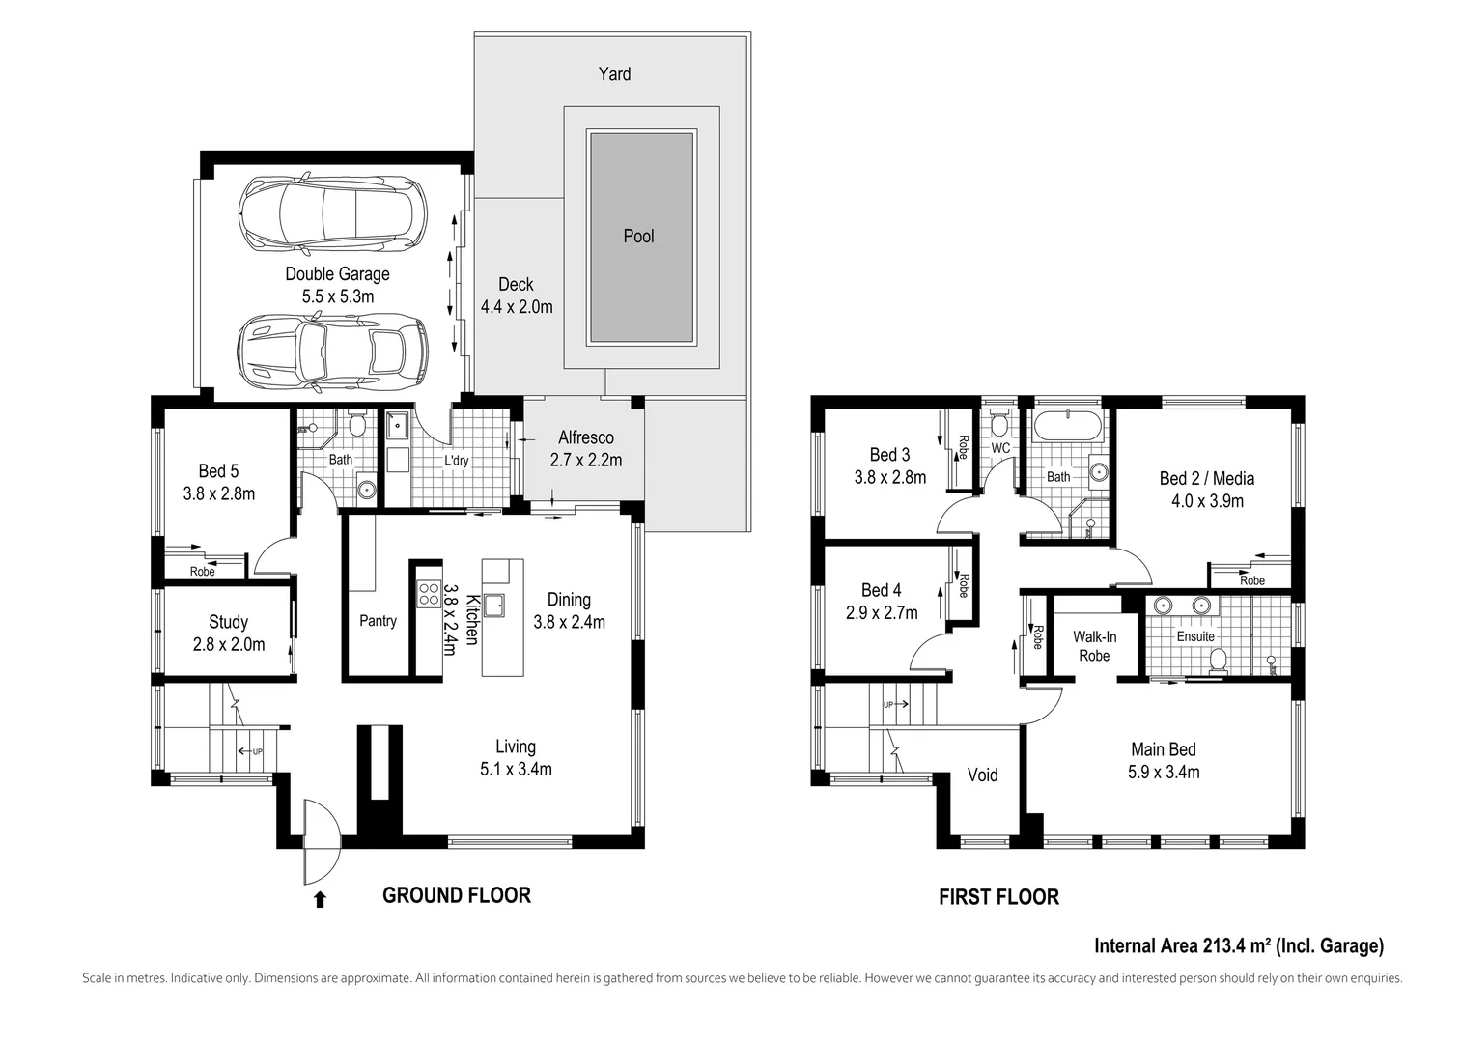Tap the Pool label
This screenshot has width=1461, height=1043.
[x=638, y=237]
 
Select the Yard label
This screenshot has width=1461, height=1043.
[x=614, y=74]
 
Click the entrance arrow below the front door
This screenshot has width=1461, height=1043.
[x=320, y=900]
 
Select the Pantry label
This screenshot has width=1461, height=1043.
[x=378, y=621]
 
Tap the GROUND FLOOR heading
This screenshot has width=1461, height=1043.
[x=456, y=895]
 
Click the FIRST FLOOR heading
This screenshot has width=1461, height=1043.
[x=998, y=897]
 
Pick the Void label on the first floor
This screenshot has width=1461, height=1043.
[x=982, y=775]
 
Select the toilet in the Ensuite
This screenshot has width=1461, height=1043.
[x=1219, y=661]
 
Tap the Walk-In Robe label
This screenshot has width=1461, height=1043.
[x=1094, y=646]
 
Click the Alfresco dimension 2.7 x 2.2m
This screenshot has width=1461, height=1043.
[x=585, y=461]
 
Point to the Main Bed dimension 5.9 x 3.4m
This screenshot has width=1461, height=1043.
[x=1163, y=772]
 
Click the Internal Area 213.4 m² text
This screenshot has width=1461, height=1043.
[x=1238, y=945]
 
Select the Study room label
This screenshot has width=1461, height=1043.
[x=228, y=622]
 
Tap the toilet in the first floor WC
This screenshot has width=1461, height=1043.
[x=999, y=425]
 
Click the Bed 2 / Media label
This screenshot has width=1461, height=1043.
[x=1206, y=478]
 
